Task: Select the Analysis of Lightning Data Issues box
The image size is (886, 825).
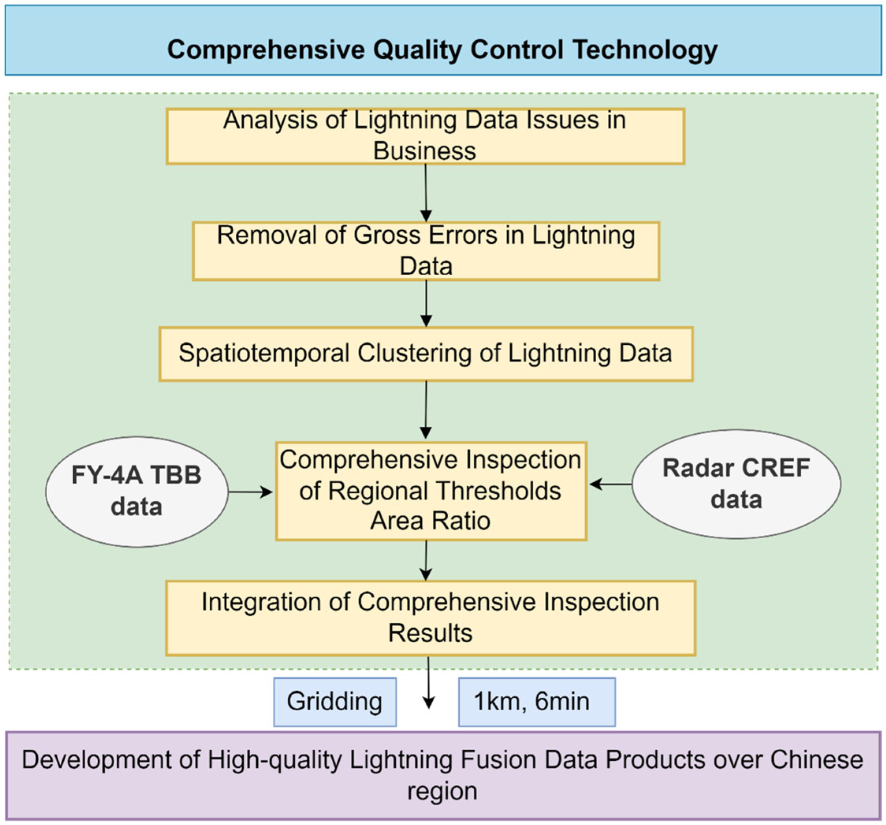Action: (x=425, y=136)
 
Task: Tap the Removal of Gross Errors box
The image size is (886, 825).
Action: (x=426, y=251)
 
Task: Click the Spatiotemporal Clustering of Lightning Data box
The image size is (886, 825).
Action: (x=426, y=354)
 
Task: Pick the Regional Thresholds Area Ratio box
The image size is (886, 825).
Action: (x=431, y=491)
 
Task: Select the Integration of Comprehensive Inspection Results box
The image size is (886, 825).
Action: (x=430, y=618)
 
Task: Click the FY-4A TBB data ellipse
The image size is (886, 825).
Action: (x=137, y=491)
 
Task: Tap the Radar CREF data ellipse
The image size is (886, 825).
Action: (x=736, y=484)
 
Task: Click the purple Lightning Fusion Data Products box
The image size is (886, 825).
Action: (x=443, y=775)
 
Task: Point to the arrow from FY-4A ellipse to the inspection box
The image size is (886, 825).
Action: (x=251, y=492)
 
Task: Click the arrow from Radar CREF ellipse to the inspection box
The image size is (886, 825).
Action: (x=611, y=484)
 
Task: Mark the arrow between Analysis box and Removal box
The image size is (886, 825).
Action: (x=426, y=193)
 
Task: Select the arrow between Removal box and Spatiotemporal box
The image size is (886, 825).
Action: (x=426, y=303)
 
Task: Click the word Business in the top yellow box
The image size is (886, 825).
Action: (x=424, y=151)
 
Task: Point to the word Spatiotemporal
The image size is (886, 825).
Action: (x=264, y=354)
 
